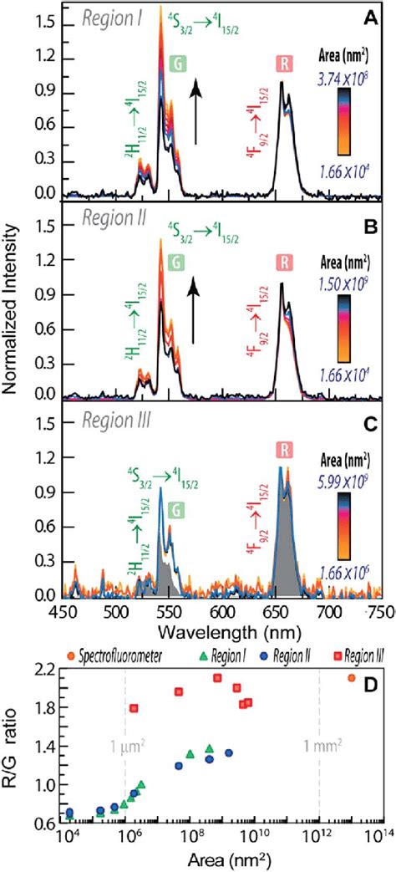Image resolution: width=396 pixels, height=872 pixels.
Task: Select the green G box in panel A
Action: (x=177, y=64)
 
